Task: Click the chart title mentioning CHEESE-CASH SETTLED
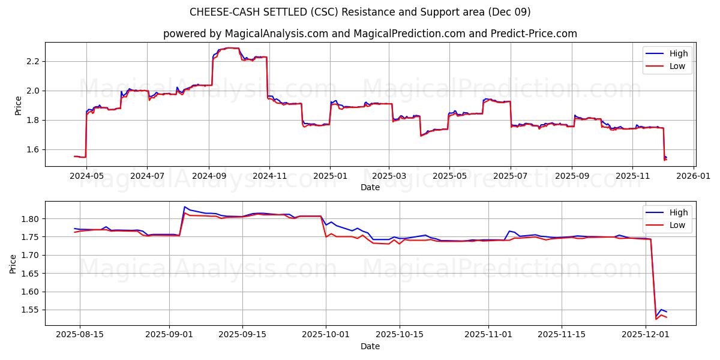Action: [x=360, y=12]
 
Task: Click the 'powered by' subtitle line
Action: [x=370, y=34]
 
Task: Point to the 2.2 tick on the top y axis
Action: [x=32, y=61]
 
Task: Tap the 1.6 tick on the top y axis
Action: [x=32, y=149]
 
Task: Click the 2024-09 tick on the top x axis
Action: [x=209, y=177]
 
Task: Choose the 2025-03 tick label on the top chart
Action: [x=389, y=177]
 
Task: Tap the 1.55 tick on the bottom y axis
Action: [x=30, y=310]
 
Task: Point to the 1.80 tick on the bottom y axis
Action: [x=30, y=219]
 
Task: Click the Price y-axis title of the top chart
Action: [x=18, y=104]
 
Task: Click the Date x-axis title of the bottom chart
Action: [x=370, y=346]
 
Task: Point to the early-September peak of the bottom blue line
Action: [x=184, y=207]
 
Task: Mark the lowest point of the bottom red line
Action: [x=656, y=319]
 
